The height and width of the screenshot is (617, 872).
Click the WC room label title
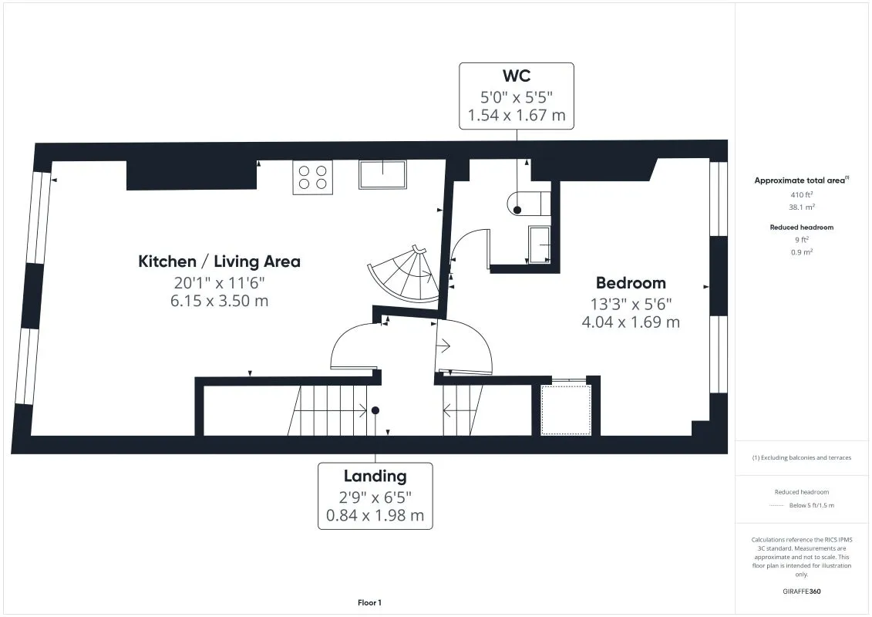(x=516, y=76)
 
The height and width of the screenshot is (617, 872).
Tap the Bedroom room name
(x=631, y=282)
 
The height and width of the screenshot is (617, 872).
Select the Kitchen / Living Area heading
(x=219, y=261)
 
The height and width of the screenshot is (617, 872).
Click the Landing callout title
(x=375, y=476)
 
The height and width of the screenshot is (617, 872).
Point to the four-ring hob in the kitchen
(x=312, y=177)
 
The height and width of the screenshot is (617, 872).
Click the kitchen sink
(x=382, y=174)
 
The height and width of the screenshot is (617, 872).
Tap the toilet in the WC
(x=528, y=203)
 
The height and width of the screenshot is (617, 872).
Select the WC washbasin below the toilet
(x=539, y=244)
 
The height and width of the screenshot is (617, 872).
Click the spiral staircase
(x=405, y=274)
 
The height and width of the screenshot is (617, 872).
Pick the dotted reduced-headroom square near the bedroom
(x=566, y=410)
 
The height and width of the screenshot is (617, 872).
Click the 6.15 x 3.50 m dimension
(x=219, y=301)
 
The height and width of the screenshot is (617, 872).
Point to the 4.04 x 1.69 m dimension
(x=631, y=322)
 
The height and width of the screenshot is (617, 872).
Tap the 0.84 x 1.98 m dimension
(x=375, y=516)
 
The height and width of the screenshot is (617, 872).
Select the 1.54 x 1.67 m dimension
(x=516, y=115)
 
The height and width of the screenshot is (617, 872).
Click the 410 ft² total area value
(x=801, y=194)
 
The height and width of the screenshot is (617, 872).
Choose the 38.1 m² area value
(x=801, y=207)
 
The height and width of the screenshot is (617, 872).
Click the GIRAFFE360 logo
(x=801, y=592)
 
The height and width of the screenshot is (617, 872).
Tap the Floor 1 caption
(x=369, y=602)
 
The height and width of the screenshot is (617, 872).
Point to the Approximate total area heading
(x=801, y=180)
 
